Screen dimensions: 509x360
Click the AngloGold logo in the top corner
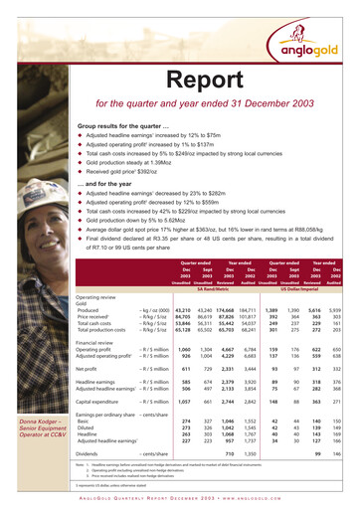[317, 30]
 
